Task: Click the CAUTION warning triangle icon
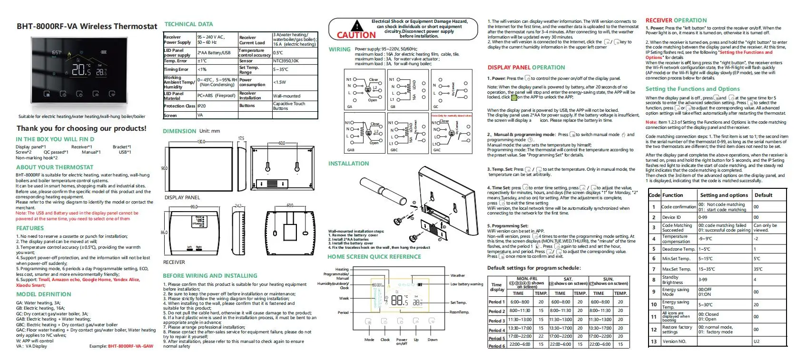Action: pyautogui.click(x=356, y=26)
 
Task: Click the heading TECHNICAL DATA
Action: pyautogui.click(x=188, y=24)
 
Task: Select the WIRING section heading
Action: pyautogui.click(x=339, y=49)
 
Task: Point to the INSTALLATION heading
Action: pyautogui.click(x=348, y=164)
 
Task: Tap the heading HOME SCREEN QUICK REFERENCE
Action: pyautogui.click(x=374, y=257)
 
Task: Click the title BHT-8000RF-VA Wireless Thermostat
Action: pyautogui.click(x=87, y=27)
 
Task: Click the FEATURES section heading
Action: pyautogui.click(x=30, y=228)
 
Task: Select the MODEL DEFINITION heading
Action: pyautogui.click(x=43, y=294)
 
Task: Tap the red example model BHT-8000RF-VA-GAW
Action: pyautogui.click(x=131, y=346)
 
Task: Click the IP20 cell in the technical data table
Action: pyautogui.click(x=202, y=106)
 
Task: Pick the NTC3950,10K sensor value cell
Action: pyautogui.click(x=286, y=61)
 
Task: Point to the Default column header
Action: pyautogui.click(x=763, y=195)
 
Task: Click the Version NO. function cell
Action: pyautogui.click(x=674, y=341)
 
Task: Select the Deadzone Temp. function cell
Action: pyautogui.click(x=679, y=249)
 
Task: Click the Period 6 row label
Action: pyautogui.click(x=496, y=346)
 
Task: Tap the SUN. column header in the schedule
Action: pyautogui.click(x=608, y=279)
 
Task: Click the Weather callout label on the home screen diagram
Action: pyautogui.click(x=458, y=275)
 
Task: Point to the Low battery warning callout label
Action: pyautogui.click(x=467, y=284)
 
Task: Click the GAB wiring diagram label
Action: pyautogui.click(x=351, y=150)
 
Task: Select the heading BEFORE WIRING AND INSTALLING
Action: pyautogui.click(x=210, y=276)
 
